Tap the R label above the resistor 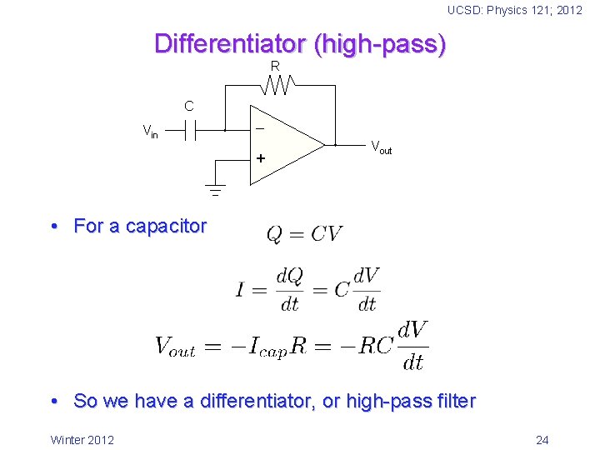coord(275,66)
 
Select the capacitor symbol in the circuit coord(191,130)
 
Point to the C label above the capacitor coord(189,106)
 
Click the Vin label coord(150,132)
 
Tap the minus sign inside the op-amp coord(260,129)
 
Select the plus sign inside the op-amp coord(262,157)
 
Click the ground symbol coord(214,191)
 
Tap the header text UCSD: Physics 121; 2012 coord(514,10)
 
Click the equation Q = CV coord(304,234)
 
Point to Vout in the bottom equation coord(175,347)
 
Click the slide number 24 coord(542,440)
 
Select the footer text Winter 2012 coord(82,440)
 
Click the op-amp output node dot coord(334,144)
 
